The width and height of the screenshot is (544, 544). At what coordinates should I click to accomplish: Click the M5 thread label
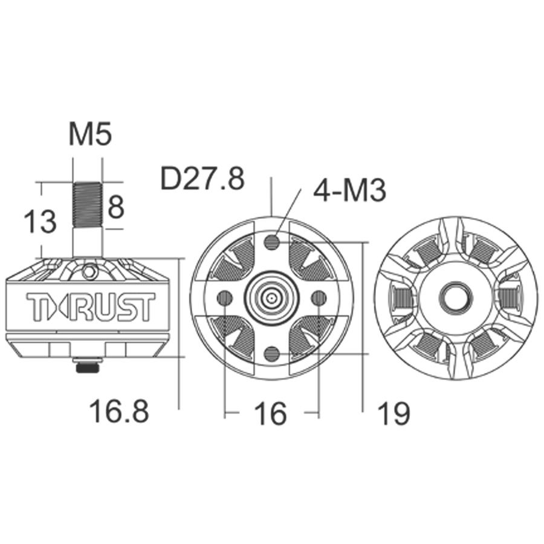click(89, 134)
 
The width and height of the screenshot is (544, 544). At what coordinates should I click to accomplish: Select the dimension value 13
click(39, 221)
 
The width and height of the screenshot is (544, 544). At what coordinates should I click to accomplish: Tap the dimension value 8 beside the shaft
click(115, 207)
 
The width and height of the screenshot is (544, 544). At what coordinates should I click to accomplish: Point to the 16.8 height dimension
click(118, 412)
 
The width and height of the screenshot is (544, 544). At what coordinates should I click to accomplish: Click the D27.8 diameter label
click(202, 179)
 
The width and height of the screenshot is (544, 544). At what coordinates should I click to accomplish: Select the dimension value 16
click(270, 413)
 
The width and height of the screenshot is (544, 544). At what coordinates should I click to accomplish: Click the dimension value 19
click(393, 413)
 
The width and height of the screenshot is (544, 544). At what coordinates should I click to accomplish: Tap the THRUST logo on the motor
click(90, 307)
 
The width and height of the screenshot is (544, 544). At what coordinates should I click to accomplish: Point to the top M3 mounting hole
click(272, 242)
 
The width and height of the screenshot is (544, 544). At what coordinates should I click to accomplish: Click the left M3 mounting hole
click(225, 297)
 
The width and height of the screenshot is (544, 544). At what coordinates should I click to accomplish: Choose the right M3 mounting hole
click(319, 297)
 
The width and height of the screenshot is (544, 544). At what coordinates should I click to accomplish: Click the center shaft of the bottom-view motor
click(272, 297)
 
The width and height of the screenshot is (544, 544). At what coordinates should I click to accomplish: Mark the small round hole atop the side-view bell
click(89, 271)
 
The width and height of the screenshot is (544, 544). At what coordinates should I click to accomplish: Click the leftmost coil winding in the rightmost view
click(401, 297)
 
